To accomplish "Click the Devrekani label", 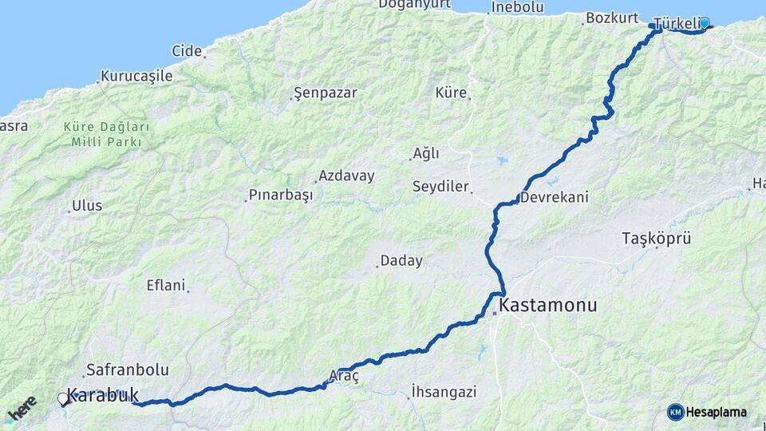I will pos(555,197).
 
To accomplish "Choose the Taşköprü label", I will pos(656,238).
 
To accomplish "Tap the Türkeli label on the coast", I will pos(675,22).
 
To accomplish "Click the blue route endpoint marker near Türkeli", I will pos(704,23).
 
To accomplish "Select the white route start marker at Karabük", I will pos(63,397).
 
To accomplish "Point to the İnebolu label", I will pos(517,8).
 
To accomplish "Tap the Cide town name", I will pos(187,51).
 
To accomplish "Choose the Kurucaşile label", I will pos(136,77).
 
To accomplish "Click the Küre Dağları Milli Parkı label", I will pos(106,134).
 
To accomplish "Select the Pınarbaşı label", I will pos(281,195).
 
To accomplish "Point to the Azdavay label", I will pos(346,176).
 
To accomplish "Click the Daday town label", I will pos(401,260).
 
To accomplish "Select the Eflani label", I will pos(166,285).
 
